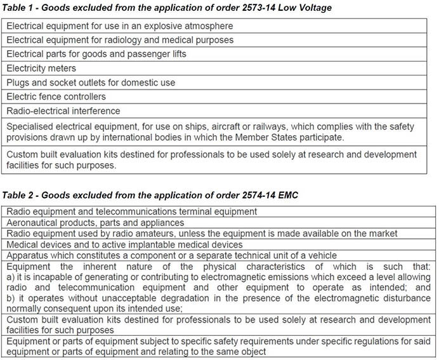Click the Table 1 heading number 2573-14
tap(257, 8)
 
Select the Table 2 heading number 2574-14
tap(257, 195)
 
